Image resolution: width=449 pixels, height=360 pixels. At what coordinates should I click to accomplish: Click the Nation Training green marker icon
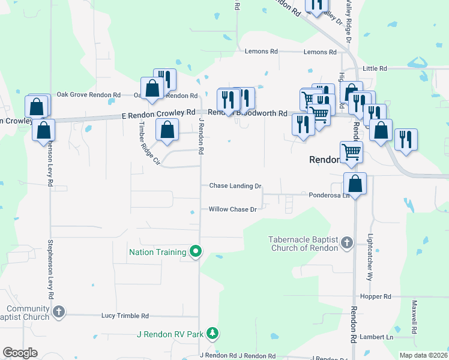[x=195, y=252]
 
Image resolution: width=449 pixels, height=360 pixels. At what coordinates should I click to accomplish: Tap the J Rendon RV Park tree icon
[x=211, y=333]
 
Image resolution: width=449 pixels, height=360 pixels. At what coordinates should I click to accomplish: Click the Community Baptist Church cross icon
[x=58, y=312]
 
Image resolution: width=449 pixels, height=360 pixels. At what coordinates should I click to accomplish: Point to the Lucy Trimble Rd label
[x=125, y=316]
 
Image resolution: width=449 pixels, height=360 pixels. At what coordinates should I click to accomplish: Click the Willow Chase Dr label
[x=233, y=209]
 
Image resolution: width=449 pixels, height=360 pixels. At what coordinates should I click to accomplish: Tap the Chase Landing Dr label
[x=235, y=186]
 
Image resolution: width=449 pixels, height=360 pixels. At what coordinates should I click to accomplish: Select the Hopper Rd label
[x=376, y=296]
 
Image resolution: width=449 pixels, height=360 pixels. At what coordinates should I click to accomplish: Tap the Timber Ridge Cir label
[x=149, y=144]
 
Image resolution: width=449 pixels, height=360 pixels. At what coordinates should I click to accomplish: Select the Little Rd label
[x=375, y=69]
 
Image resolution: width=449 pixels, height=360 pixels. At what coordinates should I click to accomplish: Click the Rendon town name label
[x=325, y=160]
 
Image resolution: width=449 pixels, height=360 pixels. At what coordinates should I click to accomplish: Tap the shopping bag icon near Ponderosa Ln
[x=355, y=184]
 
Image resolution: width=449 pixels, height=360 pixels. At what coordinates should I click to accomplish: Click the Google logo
[x=20, y=353]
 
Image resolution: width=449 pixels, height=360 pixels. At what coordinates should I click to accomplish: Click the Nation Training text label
[x=157, y=252]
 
